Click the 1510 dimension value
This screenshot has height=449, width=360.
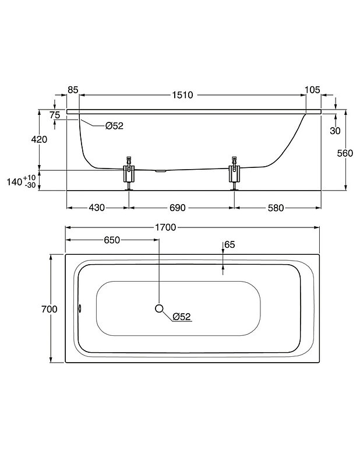point(182,95)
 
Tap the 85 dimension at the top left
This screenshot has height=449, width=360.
point(73,90)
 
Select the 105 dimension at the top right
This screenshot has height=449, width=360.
point(312,90)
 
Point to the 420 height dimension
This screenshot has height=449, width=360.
point(39,139)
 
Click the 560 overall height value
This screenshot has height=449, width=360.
point(345,153)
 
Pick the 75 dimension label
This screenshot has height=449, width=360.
point(55,115)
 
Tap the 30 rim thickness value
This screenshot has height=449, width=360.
point(335,131)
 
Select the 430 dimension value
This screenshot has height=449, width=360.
point(97,208)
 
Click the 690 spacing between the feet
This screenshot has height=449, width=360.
point(178,208)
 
